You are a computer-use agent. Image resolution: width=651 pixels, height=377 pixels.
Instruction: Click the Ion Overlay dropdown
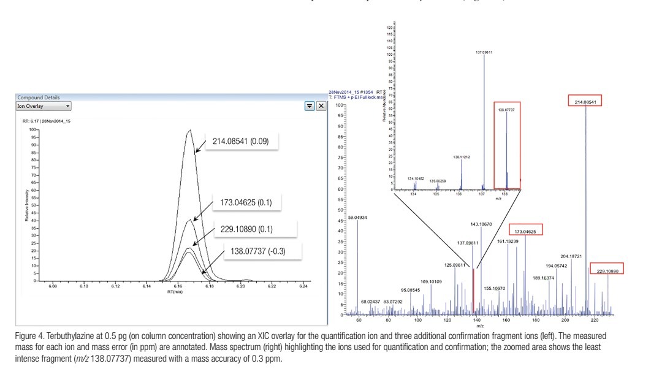coord(44,106)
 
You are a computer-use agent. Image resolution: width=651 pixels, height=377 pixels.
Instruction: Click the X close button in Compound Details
coord(321,106)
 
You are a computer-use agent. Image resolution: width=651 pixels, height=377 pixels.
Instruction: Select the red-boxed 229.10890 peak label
coord(607,268)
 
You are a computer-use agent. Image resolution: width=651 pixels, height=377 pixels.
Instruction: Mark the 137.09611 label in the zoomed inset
coord(484,52)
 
